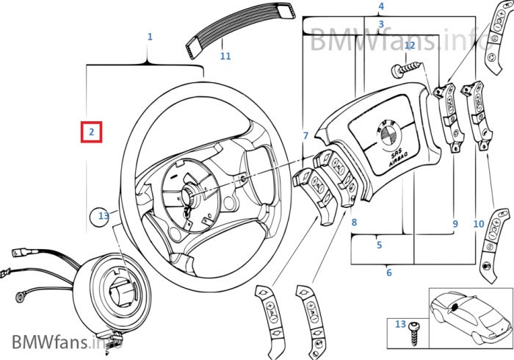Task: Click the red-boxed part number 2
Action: (91, 132)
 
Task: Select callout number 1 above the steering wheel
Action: (150, 36)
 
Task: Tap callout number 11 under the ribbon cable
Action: (225, 56)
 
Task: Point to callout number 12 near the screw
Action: (410, 46)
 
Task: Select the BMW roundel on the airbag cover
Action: (386, 133)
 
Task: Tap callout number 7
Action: (305, 136)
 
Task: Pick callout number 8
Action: (354, 223)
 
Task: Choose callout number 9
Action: (455, 223)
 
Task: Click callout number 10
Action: (478, 223)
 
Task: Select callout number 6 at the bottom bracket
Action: (388, 273)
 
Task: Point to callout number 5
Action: (379, 245)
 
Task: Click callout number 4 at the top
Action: (380, 7)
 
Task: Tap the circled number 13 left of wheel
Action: (104, 216)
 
